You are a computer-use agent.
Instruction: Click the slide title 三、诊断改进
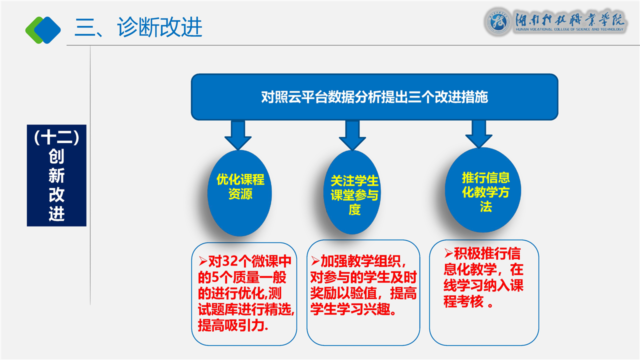pos(138,27)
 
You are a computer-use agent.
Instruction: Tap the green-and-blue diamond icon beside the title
pos(43,29)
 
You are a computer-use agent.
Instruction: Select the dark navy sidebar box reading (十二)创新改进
pos(56,175)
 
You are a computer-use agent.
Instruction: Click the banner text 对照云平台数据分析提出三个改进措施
pos(374,97)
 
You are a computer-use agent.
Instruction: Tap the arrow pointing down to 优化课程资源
pos(238,134)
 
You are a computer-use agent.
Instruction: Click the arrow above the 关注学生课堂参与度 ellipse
pos(352,134)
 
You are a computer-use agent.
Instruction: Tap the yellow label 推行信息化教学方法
pos(485,192)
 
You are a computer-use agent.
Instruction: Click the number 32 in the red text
pos(229,261)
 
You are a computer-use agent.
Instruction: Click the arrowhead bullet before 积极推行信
pos(448,252)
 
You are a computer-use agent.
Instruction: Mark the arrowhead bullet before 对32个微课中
pos(202,260)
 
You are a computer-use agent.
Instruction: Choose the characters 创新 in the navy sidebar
pos(56,166)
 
